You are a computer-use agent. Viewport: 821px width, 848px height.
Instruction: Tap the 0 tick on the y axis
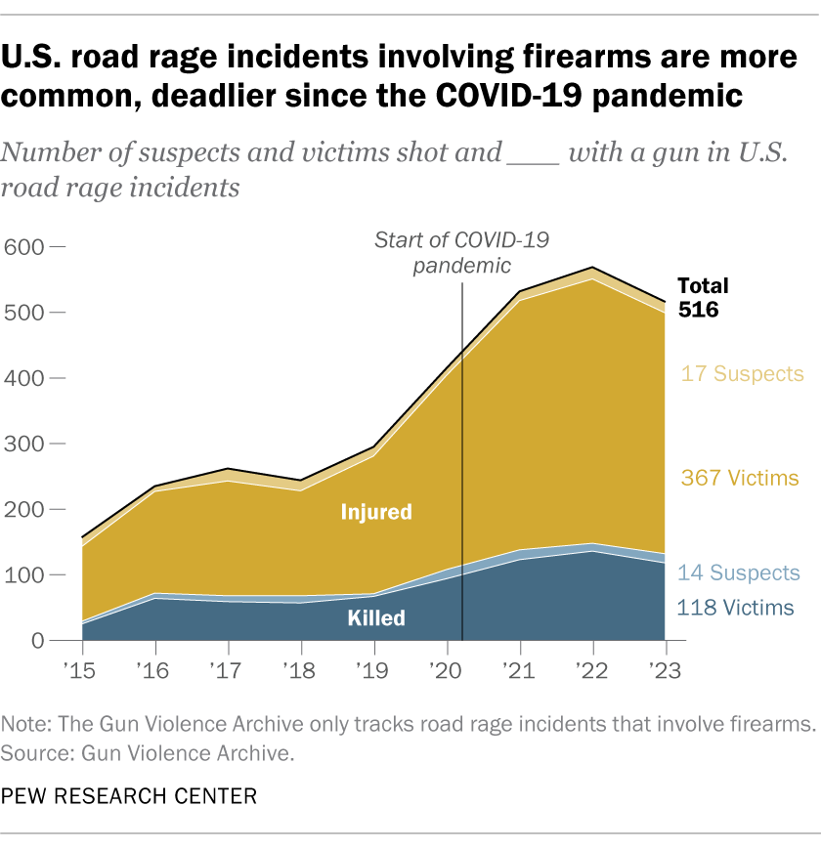coord(38,641)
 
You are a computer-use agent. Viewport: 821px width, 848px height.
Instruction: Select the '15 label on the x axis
coord(82,672)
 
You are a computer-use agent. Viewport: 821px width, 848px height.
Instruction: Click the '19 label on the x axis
coord(374,672)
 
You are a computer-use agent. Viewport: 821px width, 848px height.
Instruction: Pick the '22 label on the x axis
coord(592,672)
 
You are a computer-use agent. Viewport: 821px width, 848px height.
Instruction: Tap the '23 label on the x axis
coord(666,672)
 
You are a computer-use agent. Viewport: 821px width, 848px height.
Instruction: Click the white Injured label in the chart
coord(376,511)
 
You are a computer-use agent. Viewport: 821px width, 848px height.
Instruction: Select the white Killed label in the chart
coord(376,618)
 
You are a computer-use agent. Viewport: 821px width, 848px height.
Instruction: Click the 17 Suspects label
coord(743,374)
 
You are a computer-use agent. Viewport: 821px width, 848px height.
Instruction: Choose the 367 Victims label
coord(739,479)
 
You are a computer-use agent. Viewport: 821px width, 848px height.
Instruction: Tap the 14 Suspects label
coord(739,572)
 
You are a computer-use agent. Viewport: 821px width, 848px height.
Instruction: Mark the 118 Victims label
coord(735,609)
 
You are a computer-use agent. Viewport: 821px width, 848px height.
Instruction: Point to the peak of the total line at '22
coord(592,268)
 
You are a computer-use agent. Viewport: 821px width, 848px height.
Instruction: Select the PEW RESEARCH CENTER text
coord(130,797)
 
